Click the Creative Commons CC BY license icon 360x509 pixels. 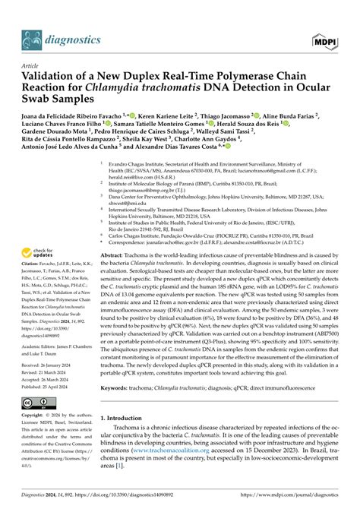(x=33, y=400)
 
